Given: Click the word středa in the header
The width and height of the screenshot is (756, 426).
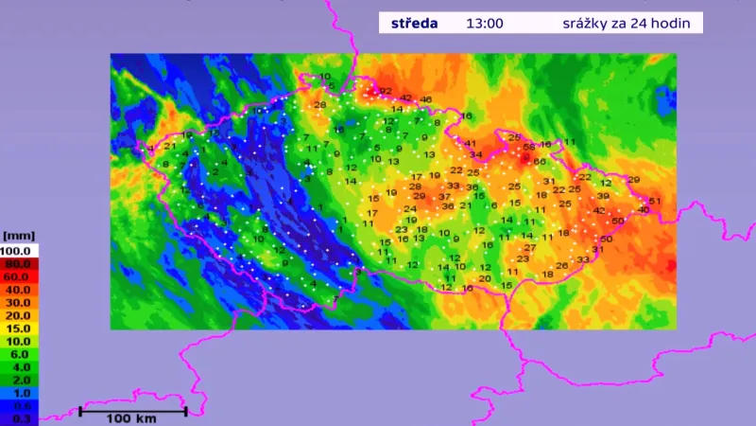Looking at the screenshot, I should pos(414,24).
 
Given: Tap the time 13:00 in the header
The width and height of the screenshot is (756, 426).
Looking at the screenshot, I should pos(484,24).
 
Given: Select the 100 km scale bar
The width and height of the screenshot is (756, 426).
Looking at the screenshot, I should pos(132,411).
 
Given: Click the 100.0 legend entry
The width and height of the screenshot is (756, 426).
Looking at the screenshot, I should pos(19,250).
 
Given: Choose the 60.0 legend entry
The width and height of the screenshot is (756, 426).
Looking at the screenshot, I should pos(19,275).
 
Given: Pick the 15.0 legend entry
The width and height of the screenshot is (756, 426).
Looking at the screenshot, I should pos(19,328).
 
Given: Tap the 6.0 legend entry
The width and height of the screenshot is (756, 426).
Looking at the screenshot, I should pos(19,353).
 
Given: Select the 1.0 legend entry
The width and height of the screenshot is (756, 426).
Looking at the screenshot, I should pos(19,392).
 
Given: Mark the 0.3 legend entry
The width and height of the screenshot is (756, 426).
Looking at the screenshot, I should pos(19,417).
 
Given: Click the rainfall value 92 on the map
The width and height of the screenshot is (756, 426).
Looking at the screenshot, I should pos(385,91).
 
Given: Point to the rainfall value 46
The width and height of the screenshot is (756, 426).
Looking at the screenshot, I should pos(426,99).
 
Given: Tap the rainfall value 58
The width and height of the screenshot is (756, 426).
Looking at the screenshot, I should pos(529,147).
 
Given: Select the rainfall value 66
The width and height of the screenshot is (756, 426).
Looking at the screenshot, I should pos(540,162).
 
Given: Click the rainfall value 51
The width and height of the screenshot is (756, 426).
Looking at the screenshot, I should pos(655,202).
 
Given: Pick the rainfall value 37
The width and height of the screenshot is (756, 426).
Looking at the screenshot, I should pos(444,197).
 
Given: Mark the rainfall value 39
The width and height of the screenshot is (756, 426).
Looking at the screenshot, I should pos(603,196).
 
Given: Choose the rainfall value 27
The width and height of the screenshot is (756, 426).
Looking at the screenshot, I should pos(530,247).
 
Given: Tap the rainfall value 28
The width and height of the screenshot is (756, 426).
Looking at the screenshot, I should pos(319,104).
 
